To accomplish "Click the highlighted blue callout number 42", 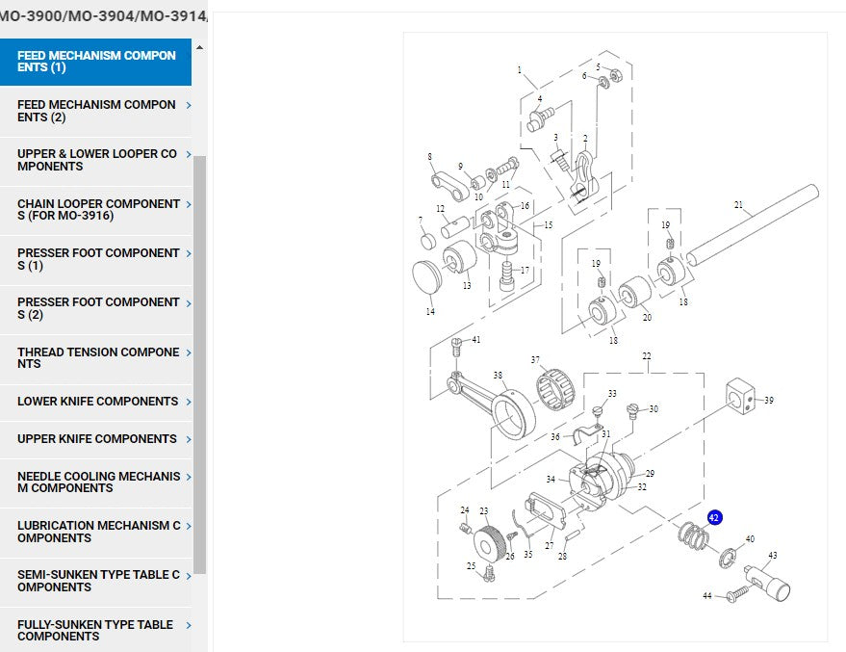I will tap(714, 517).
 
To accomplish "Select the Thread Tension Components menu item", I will tap(98, 358).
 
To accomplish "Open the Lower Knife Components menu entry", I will tap(98, 402).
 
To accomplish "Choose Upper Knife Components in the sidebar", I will tap(97, 439).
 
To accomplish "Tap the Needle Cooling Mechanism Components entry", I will tap(98, 482).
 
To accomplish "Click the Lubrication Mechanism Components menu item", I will tap(98, 532).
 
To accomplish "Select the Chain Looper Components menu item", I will tap(98, 210).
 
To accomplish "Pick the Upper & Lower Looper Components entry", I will tap(97, 160).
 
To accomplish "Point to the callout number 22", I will tap(647, 356).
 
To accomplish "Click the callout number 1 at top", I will tap(520, 70).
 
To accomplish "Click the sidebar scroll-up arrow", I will tap(199, 47).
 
